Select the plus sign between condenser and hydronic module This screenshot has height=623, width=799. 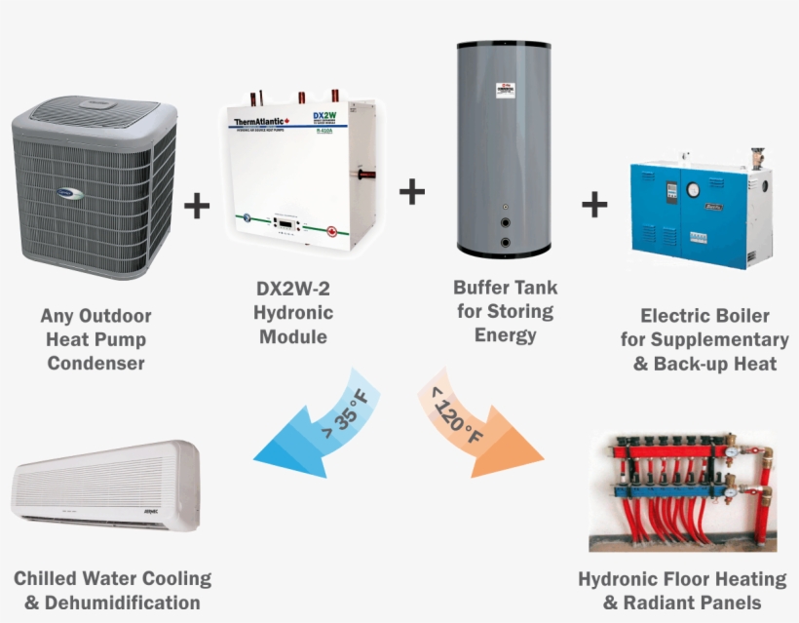pos(197,205)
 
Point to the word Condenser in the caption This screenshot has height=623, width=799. pos(95,364)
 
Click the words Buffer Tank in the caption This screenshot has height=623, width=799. pos(505,289)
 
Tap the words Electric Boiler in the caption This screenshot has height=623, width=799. pos(704,316)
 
